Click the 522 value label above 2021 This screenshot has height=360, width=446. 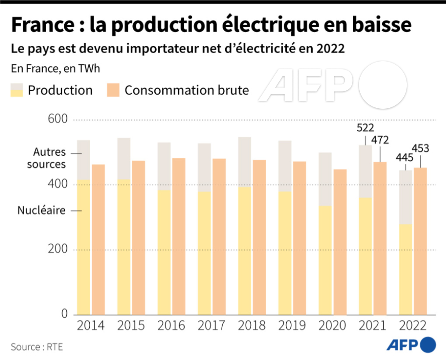(366, 128)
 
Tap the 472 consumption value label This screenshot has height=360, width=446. (380, 140)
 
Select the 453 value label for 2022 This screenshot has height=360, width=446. (420, 148)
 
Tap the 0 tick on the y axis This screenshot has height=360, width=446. (64, 314)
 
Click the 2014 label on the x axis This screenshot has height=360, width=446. (91, 326)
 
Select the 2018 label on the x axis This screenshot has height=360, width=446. (252, 326)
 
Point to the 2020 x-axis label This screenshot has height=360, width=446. (332, 326)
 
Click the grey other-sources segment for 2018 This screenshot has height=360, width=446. (245, 162)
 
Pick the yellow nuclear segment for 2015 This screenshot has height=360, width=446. (124, 247)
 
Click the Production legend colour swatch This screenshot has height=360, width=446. (17, 90)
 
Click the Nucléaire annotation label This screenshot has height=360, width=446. (41, 211)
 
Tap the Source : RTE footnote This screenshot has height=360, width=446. (37, 347)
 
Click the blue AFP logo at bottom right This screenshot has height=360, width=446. (411, 344)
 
